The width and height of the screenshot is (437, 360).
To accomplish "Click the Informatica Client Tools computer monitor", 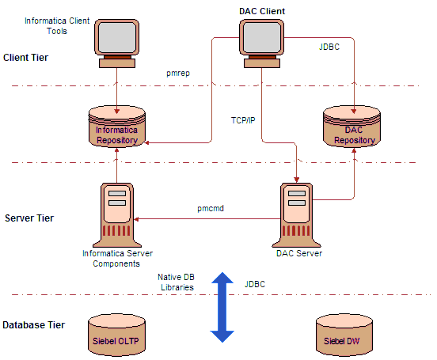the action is (x=117, y=44).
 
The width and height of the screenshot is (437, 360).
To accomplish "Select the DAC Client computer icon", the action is (x=262, y=44).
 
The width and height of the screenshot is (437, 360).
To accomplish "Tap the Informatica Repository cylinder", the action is (x=117, y=127).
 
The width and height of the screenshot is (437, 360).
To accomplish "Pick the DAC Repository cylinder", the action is (x=351, y=127).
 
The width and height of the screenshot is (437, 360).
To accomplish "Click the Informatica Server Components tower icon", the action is (x=117, y=215).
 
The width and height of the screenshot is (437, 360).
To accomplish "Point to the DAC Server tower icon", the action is (x=297, y=215).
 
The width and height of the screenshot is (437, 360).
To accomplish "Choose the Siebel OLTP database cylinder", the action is (x=116, y=335).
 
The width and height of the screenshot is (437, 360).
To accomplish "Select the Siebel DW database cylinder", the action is (x=344, y=335).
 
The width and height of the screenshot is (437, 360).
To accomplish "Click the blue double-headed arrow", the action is (x=222, y=307).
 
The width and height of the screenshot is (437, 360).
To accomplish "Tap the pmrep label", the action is (x=178, y=74).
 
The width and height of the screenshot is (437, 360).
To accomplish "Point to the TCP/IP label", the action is (x=243, y=120).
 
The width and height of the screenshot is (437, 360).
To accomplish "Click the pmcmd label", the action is (x=211, y=208).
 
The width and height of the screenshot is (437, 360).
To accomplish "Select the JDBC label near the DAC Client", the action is (x=329, y=47).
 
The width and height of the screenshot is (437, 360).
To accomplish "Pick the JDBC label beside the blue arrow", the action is (x=255, y=284).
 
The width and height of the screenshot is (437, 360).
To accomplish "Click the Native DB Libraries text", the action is (x=176, y=282).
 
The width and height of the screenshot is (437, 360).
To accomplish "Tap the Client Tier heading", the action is (x=25, y=58).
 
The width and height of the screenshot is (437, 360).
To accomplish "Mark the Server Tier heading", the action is (x=29, y=218).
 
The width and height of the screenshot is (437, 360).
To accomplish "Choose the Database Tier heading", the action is (x=34, y=325).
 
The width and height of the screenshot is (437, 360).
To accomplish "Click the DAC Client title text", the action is (x=262, y=11).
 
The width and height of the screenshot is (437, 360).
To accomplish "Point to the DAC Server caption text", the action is (x=299, y=253).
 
